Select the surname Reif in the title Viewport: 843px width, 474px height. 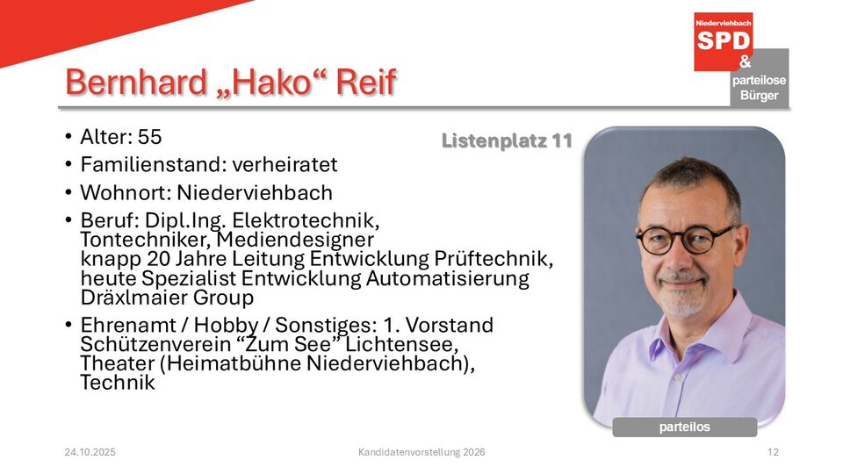pyautogui.click(x=366, y=83)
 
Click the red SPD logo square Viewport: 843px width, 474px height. pyautogui.click(x=723, y=41)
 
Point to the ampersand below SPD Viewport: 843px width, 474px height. pyautogui.click(x=746, y=61)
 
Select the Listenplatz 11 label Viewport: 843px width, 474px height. pyautogui.click(x=507, y=140)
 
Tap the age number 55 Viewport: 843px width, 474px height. pyautogui.click(x=149, y=137)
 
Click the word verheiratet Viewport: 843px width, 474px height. pyautogui.click(x=285, y=164)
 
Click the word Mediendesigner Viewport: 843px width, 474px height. pyautogui.click(x=295, y=239)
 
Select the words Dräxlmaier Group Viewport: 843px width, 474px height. pyautogui.click(x=167, y=298)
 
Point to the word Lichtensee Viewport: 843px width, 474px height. pyautogui.click(x=401, y=344)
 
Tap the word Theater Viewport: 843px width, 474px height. pyautogui.click(x=118, y=363)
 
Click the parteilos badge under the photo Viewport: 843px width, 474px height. pyautogui.click(x=685, y=427)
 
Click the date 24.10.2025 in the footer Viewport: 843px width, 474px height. pyautogui.click(x=90, y=452)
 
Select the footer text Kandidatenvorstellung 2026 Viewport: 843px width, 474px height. pyautogui.click(x=421, y=452)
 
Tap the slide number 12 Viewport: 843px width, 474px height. pyautogui.click(x=773, y=452)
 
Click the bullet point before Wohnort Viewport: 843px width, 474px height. pyautogui.click(x=68, y=192)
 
